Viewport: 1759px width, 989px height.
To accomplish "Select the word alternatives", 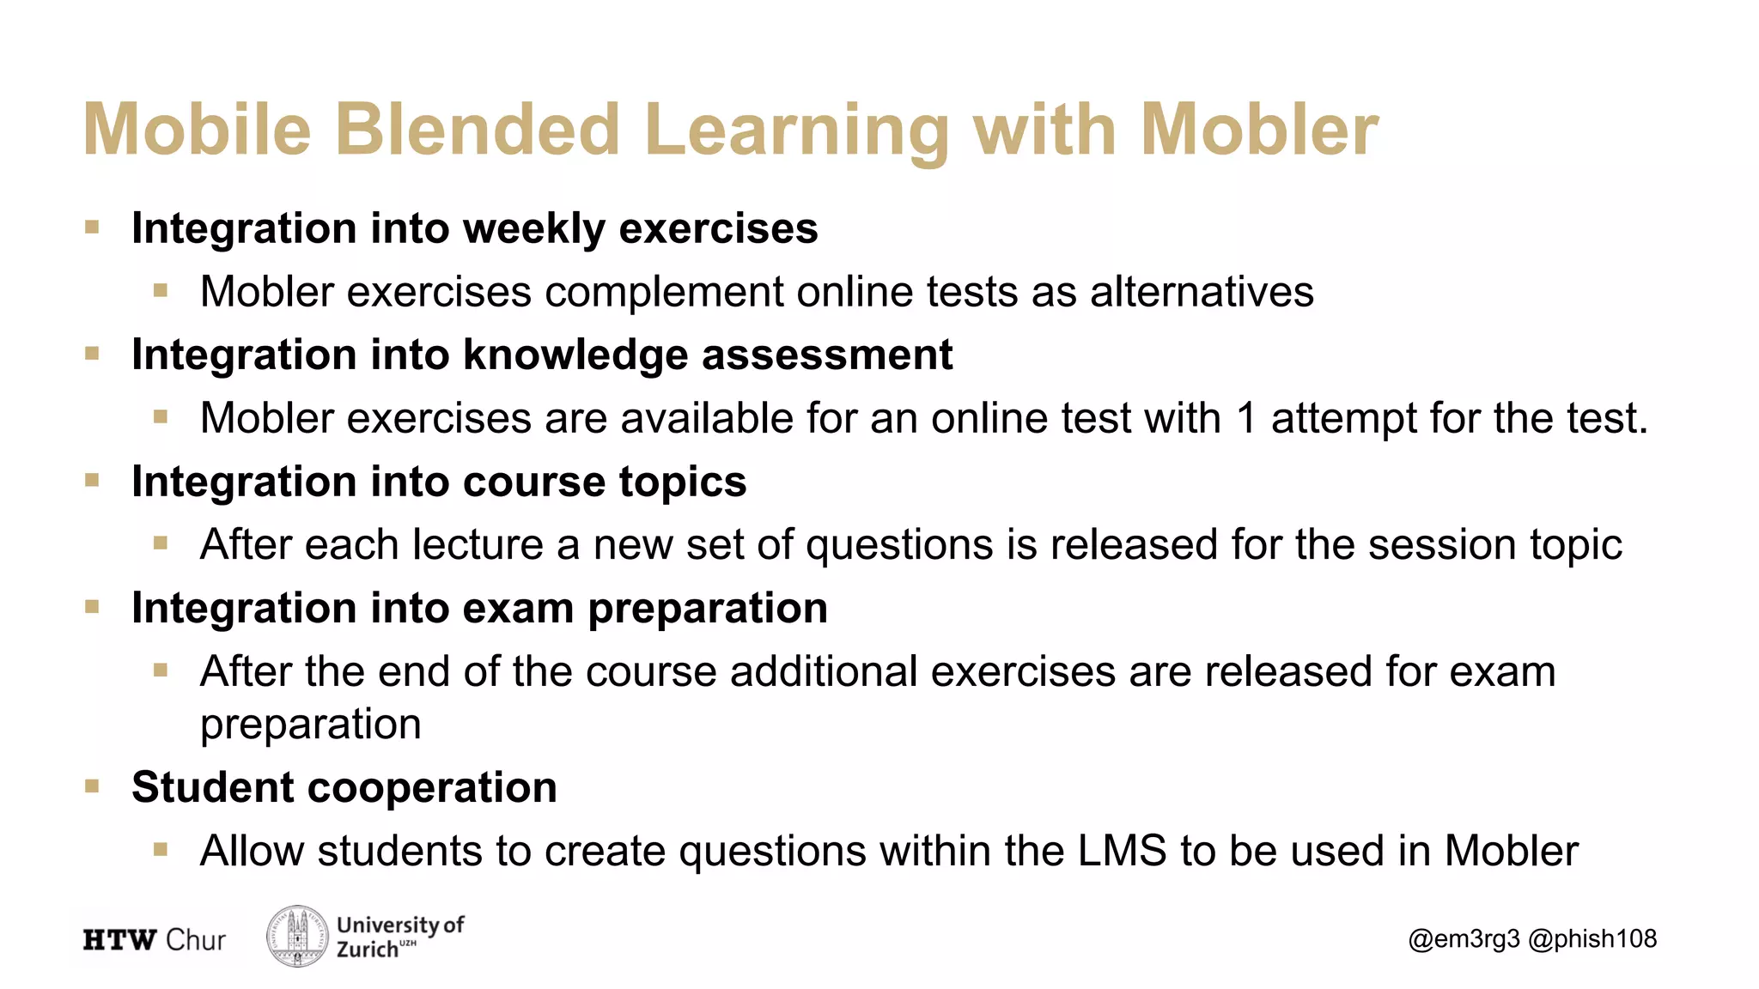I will [1202, 292].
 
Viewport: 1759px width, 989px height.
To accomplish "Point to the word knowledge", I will [575, 355].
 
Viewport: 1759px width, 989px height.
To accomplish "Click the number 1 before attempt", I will [1246, 419].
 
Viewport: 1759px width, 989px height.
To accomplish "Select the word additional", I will [824, 671].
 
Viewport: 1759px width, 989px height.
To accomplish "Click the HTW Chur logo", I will [155, 940].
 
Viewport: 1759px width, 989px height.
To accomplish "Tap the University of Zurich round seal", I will [297, 937].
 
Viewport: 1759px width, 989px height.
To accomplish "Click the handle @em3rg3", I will [1464, 939].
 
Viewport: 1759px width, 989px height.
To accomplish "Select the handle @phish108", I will [1592, 939].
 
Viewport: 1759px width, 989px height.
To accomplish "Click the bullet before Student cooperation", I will [93, 786].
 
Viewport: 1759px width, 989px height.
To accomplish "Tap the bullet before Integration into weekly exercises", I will [93, 228].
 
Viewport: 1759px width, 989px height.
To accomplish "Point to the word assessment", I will [827, 355].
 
